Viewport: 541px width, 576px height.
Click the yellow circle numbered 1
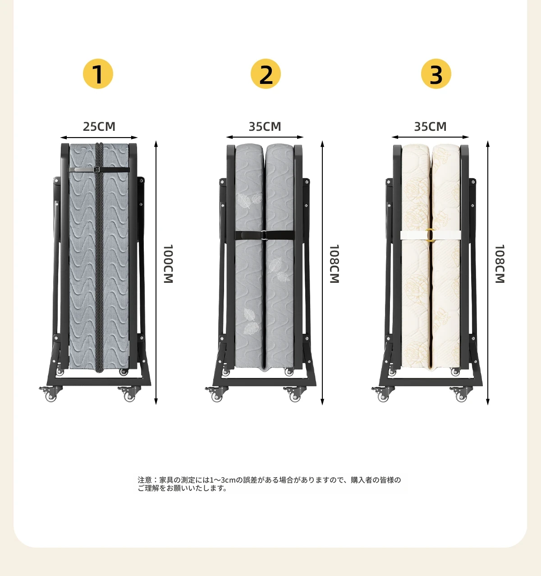click(98, 74)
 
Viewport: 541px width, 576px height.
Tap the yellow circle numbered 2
click(266, 74)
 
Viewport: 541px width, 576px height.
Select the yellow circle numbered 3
click(436, 74)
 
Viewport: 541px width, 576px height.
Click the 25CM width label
click(99, 126)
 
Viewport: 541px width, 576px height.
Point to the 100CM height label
click(168, 263)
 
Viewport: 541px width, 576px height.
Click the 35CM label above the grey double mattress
click(265, 126)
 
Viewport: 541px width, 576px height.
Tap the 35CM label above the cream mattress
click(430, 126)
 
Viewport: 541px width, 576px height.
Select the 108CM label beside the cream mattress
click(500, 263)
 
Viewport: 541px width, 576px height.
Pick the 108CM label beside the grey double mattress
click(334, 263)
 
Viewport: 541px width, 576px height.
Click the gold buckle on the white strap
click(431, 235)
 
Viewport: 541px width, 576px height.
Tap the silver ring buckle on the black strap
click(264, 235)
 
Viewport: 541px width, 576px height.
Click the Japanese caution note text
click(269, 484)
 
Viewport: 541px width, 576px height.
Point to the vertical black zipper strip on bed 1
click(99, 258)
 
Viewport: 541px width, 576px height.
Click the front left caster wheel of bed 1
click(51, 394)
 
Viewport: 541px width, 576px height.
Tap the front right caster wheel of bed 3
click(461, 394)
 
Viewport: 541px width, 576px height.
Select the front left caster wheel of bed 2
click(216, 394)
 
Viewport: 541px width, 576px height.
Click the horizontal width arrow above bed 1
click(99, 138)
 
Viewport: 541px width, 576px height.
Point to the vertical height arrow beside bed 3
click(488, 272)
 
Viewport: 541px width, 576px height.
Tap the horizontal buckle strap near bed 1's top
click(99, 170)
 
